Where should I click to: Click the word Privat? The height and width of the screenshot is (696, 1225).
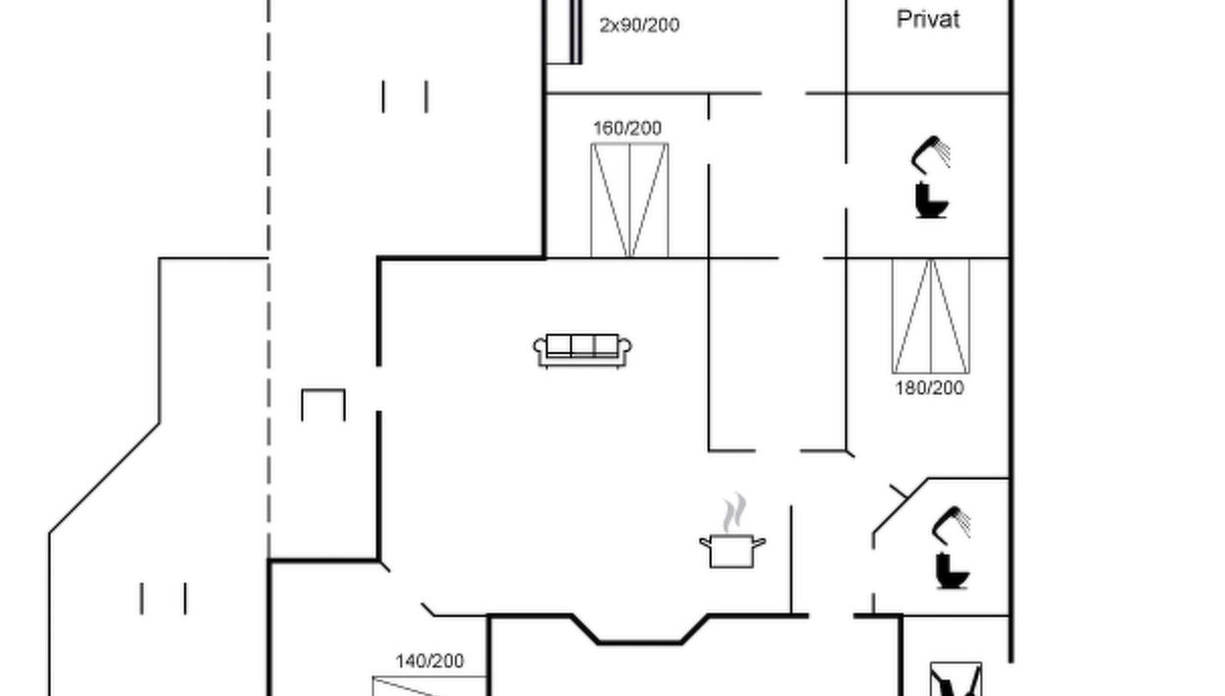tap(928, 19)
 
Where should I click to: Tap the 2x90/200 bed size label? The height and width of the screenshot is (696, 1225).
tap(639, 26)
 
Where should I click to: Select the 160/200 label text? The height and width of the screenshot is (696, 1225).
tap(627, 128)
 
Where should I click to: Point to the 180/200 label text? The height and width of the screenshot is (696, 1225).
tap(929, 388)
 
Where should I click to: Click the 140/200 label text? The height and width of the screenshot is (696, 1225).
tap(430, 662)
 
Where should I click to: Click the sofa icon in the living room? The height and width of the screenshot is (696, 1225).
tap(582, 350)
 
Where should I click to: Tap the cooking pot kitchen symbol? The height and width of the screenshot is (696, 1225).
tap(731, 551)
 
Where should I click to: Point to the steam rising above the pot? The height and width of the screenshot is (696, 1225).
tap(732, 513)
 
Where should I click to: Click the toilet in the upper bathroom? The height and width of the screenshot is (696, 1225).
tap(930, 200)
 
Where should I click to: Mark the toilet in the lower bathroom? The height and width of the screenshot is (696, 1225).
tap(952, 571)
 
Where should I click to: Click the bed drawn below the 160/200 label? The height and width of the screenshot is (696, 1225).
tap(629, 201)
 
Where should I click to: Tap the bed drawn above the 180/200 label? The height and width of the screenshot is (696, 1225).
tap(930, 316)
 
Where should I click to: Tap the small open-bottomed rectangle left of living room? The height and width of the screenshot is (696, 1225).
tap(322, 404)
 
